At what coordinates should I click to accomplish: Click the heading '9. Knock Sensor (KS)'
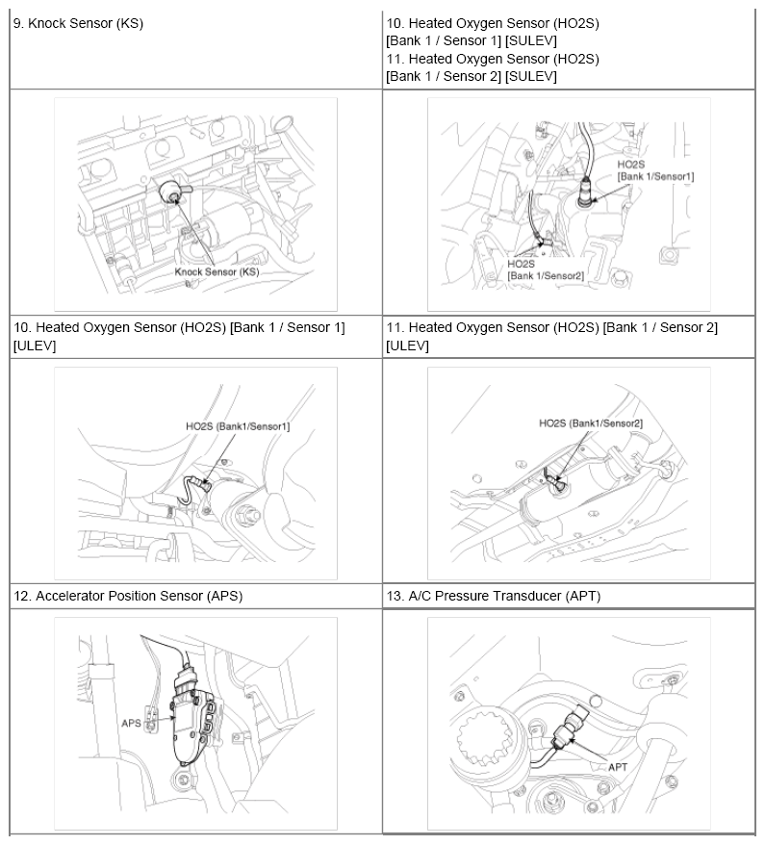point(78,23)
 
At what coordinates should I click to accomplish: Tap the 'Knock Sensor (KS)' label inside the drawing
point(217,272)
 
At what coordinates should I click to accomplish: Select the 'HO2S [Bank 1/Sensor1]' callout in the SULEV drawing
point(655,170)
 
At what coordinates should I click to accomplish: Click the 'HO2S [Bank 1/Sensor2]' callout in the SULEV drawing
point(546,269)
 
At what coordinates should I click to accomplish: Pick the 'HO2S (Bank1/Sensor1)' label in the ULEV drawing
point(238,425)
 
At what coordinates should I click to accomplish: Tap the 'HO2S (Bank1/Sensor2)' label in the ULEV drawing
point(591,422)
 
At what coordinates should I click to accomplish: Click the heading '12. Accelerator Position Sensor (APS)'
point(128,596)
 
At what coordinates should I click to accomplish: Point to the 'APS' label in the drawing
point(132,721)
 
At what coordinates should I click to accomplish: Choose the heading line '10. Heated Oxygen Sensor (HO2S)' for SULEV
point(492,23)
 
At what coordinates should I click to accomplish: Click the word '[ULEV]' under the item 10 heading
point(35,346)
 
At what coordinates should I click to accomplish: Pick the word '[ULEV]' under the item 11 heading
point(406,346)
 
